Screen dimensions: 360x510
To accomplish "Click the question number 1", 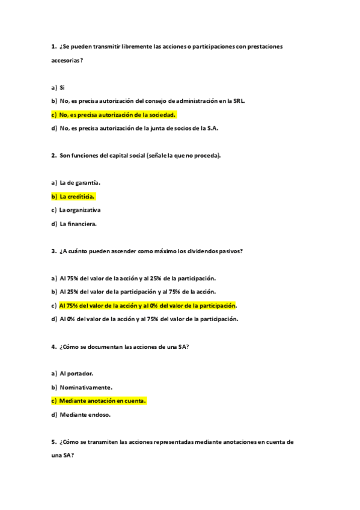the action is [x=53, y=46].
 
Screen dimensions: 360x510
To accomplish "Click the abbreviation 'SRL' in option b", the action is [x=239, y=100].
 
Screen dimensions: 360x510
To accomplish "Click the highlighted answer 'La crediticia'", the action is [x=78, y=196].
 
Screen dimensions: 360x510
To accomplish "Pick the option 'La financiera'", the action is [x=78, y=224].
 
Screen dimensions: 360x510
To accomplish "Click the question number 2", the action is [x=53, y=155].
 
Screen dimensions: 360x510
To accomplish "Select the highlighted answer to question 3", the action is [x=147, y=306].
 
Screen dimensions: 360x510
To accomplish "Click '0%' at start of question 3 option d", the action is [x=71, y=319].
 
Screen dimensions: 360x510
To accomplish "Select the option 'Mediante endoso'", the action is [x=85, y=414].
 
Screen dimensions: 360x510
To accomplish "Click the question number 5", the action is [x=53, y=442].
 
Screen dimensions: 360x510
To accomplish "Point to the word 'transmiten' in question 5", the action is [x=103, y=442].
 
